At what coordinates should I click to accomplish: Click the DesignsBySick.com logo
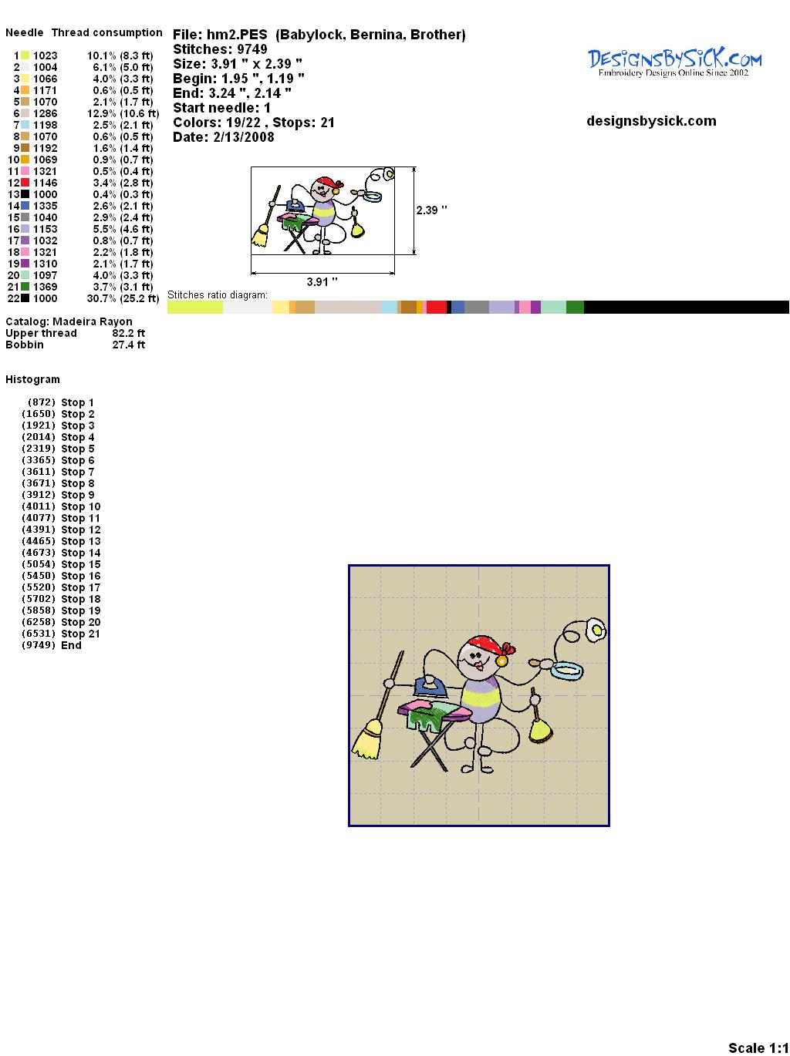[674, 62]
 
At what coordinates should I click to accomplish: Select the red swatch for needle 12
[25, 183]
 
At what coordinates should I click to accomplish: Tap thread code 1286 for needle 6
[46, 113]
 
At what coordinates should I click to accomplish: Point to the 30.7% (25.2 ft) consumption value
[123, 298]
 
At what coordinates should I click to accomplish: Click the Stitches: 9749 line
[220, 49]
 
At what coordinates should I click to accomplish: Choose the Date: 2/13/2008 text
[224, 137]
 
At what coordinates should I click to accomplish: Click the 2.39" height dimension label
[431, 210]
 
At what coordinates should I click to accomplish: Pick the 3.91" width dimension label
[322, 281]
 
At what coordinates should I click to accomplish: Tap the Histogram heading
[32, 379]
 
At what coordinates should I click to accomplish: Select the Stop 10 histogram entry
[61, 506]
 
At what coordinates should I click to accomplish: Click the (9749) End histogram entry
[52, 645]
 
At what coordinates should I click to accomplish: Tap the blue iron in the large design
[432, 687]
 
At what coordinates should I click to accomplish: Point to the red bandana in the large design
[490, 646]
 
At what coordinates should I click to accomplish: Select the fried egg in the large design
[596, 630]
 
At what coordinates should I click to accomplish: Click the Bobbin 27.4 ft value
[129, 345]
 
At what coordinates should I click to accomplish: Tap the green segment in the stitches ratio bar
[575, 307]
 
